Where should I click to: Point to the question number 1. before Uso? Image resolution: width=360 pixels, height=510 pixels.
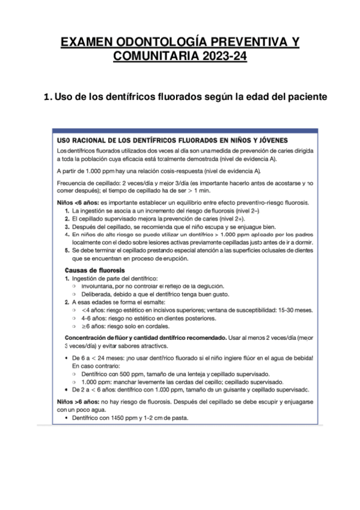(x=49, y=96)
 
